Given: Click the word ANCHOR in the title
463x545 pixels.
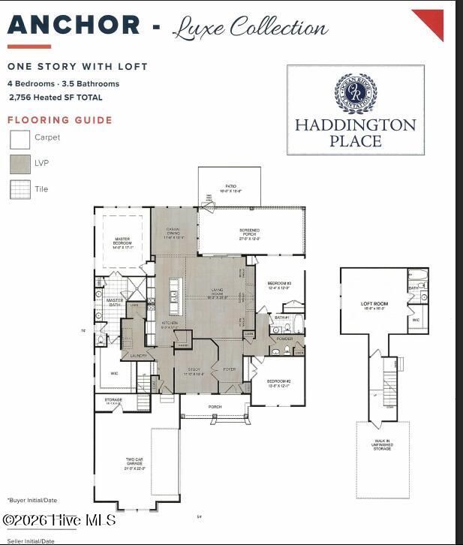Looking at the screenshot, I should pos(74,26).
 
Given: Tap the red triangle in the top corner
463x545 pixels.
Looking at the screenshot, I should pos(431,20).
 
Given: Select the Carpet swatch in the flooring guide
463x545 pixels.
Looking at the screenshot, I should pos(20,139).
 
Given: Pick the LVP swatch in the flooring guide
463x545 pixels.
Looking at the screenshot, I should pos(20,164).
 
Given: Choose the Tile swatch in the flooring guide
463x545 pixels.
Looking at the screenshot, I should pos(20,189).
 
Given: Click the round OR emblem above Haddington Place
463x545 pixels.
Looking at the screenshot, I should pos(355,92).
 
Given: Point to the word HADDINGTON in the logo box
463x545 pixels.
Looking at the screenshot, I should pos(355,125).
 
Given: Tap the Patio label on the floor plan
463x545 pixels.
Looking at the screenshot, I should pos(230,188).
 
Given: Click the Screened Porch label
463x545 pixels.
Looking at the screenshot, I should pos(250,233).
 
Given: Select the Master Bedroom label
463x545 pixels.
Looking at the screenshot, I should pos(122,242).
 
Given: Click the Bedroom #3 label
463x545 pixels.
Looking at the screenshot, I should pos(278,285).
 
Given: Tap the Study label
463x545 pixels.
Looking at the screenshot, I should pos(194,371).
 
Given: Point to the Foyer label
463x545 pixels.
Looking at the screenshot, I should pos(229,369).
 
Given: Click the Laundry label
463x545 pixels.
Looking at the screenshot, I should pos(138,355).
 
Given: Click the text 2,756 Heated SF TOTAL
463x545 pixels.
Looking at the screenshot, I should pos(56,98).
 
